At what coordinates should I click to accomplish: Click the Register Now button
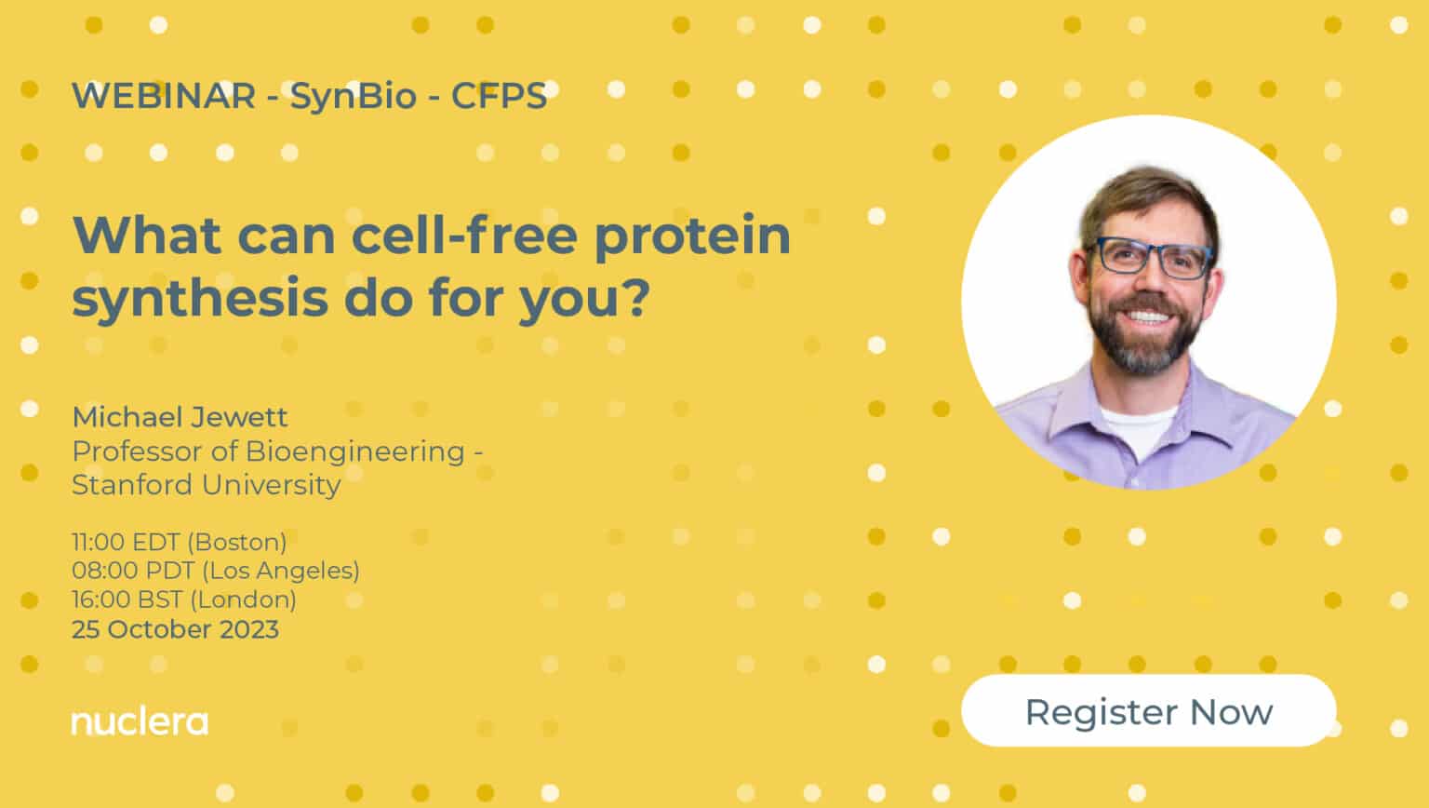click(1148, 711)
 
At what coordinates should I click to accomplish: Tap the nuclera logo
click(140, 721)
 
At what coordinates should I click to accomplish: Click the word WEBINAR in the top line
click(163, 96)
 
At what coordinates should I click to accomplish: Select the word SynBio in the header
click(353, 96)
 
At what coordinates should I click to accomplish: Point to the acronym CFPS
click(499, 96)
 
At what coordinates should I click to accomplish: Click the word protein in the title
click(692, 235)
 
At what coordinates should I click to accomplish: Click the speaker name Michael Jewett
click(180, 416)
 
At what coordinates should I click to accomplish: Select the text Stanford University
click(206, 485)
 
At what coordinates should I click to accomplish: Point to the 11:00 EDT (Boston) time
click(179, 542)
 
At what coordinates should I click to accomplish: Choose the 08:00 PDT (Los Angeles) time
click(215, 571)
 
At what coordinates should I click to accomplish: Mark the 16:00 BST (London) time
click(183, 599)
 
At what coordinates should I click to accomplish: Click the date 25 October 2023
click(175, 629)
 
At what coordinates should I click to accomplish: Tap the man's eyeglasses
click(1152, 258)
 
